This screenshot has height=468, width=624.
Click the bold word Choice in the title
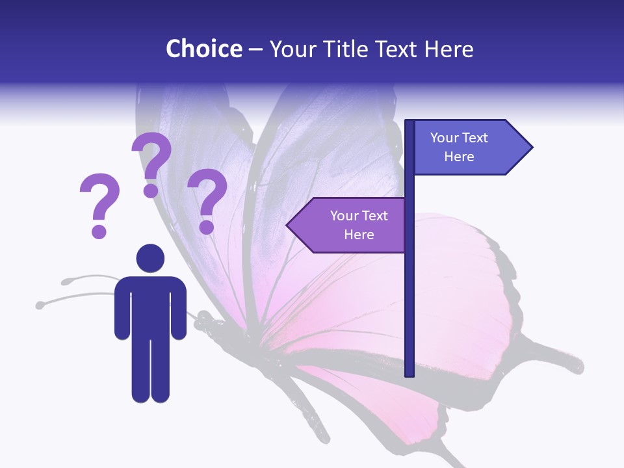203,49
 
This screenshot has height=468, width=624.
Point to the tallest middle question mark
153,156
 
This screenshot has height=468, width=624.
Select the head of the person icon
150,258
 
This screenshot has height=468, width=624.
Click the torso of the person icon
150,305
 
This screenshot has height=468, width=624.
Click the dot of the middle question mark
151,190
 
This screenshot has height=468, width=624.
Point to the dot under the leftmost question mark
99,231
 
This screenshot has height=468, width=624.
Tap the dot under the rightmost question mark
207,227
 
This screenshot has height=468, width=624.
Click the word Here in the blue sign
459,157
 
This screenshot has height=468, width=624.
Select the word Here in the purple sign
359,235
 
